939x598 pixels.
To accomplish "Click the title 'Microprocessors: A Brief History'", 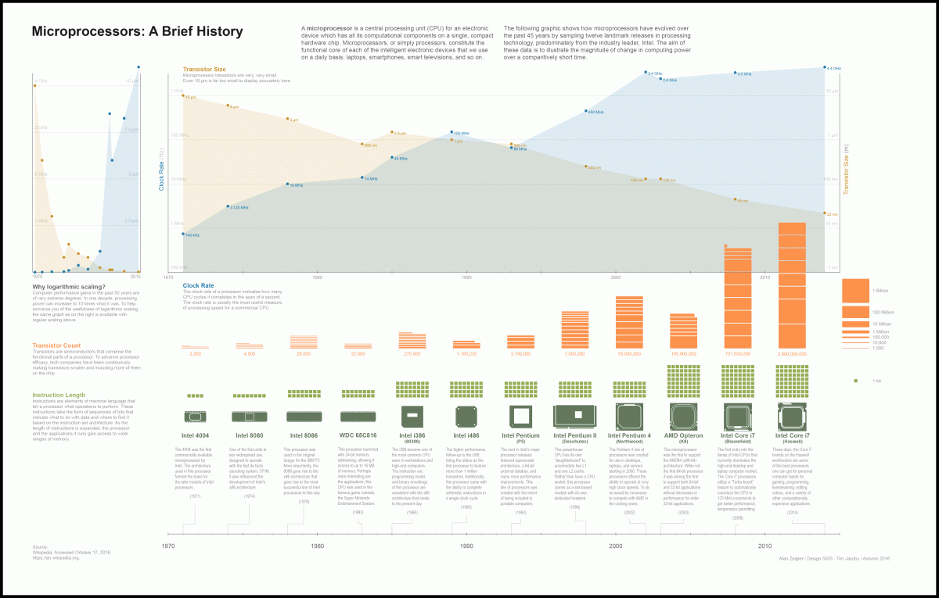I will [x=137, y=32].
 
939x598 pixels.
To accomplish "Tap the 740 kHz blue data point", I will [x=183, y=234].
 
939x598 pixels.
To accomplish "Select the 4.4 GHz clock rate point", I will [x=825, y=67].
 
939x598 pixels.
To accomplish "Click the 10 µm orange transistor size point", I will [x=183, y=95].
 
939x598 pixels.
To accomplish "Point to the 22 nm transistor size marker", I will [x=825, y=213].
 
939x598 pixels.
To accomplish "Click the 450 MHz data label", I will [x=595, y=113].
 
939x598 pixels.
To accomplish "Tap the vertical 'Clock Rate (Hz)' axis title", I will [x=162, y=170].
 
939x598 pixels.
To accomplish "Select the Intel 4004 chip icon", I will [x=195, y=417].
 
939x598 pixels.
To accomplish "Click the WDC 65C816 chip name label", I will [x=359, y=435].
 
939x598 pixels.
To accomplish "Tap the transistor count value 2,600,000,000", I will [x=792, y=354].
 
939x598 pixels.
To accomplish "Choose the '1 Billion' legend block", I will [x=854, y=291].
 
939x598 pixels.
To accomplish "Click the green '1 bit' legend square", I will [x=856, y=380].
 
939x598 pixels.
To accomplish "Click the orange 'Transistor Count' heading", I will [x=56, y=346].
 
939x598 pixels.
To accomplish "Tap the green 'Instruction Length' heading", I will [x=59, y=395].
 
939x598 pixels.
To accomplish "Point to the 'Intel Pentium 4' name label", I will [x=629, y=435].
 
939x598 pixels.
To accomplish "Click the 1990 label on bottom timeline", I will [x=466, y=546].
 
